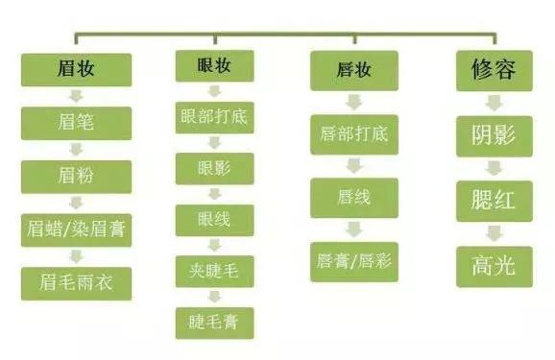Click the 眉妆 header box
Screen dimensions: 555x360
point(76,69)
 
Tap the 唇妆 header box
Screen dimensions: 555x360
point(354,70)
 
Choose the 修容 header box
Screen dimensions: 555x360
point(495,70)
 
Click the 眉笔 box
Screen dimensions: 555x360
point(76,122)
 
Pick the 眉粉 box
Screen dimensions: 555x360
point(76,176)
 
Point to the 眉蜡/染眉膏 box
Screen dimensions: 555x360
point(76,229)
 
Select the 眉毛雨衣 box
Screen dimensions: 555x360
point(76,283)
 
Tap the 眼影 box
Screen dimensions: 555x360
point(214,168)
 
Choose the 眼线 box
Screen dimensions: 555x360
point(214,220)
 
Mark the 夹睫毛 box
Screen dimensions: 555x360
point(214,271)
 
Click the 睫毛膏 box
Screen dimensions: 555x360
point(214,322)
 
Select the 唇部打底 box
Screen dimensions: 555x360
point(354,133)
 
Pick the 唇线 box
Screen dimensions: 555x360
point(354,197)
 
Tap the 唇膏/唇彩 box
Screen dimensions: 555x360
point(354,260)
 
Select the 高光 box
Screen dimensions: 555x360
point(495,265)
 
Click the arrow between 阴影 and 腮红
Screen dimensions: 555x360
point(495,168)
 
